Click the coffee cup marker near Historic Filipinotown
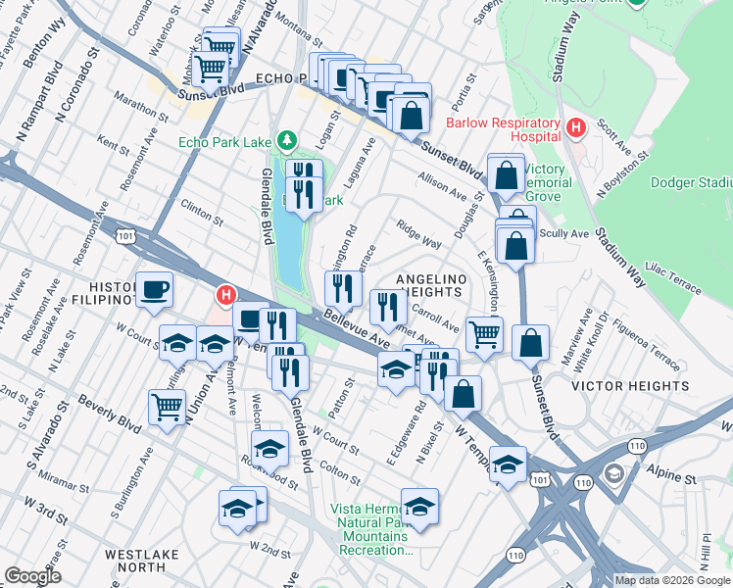pos(155,290)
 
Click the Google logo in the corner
pos(32,576)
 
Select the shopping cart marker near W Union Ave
pos(168,406)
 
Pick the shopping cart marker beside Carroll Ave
pos(484,335)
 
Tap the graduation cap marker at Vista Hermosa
pos(419,507)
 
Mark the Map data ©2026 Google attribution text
pos(672,580)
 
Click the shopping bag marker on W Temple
pos(464,394)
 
